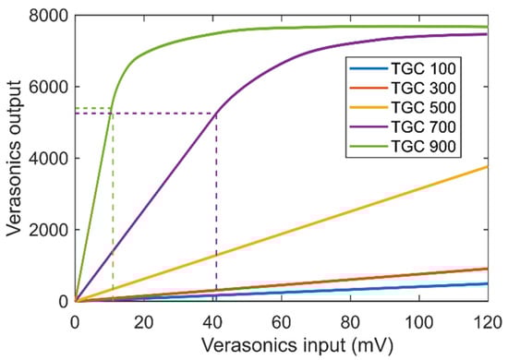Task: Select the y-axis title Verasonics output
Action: click(x=13, y=158)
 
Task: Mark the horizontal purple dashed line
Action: click(x=148, y=114)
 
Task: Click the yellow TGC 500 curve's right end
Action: click(x=487, y=166)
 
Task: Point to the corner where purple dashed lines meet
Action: click(x=216, y=114)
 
